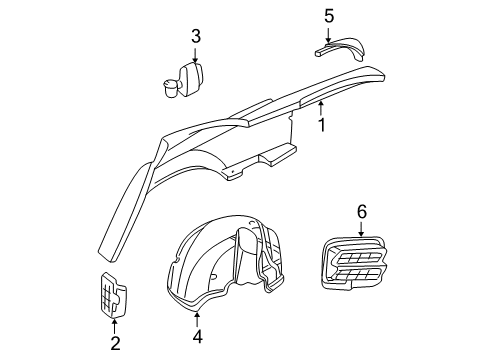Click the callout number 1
(321, 126)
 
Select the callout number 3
(196, 37)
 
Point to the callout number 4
(197, 338)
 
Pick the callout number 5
(328, 15)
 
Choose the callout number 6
(362, 211)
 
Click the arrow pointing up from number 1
(321, 109)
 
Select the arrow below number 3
(196, 55)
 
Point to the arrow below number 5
(328, 33)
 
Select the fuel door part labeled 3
(183, 78)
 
